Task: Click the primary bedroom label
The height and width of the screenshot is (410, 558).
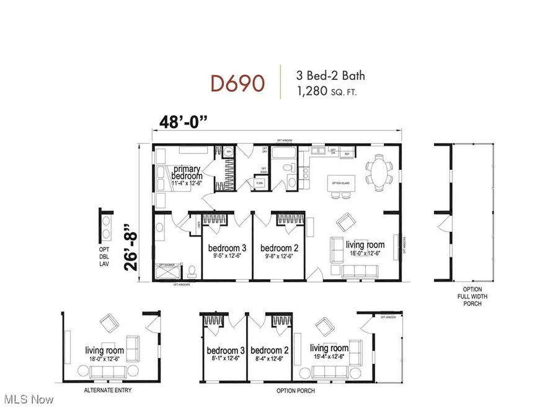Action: (x=188, y=172)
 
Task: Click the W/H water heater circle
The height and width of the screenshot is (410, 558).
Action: (x=228, y=151)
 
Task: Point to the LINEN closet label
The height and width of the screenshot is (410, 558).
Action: (x=198, y=224)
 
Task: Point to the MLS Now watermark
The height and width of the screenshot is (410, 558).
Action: (x=28, y=398)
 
